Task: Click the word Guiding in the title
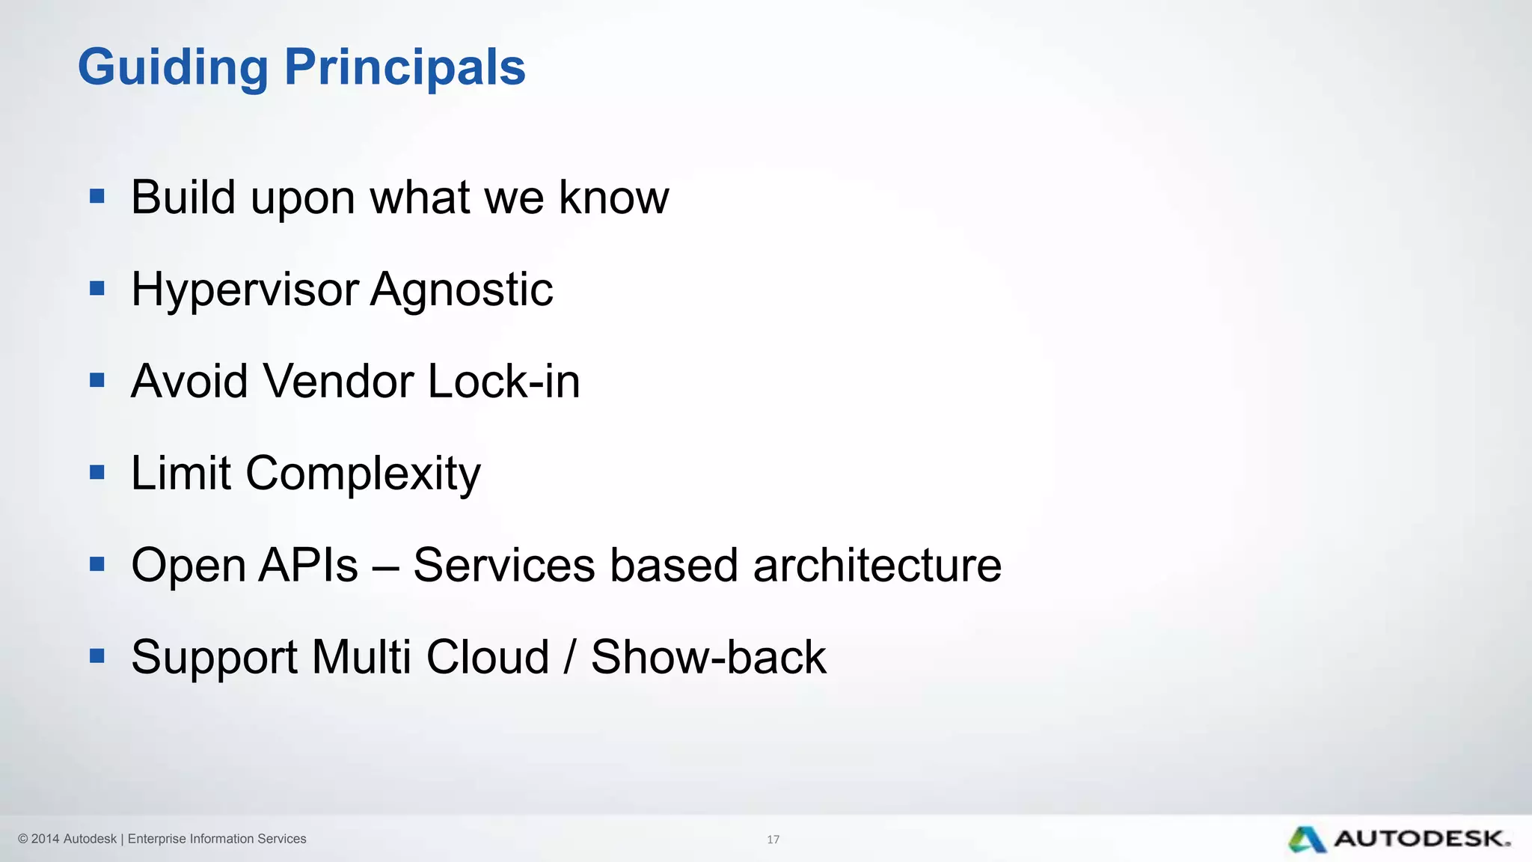click(173, 68)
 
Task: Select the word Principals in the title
click(405, 68)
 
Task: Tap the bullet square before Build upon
click(96, 196)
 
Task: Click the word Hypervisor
click(245, 290)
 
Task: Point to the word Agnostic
click(462, 290)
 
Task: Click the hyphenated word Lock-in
click(503, 382)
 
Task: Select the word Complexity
click(363, 474)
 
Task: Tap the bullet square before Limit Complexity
click(96, 472)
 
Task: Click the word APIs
click(307, 565)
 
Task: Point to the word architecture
click(877, 565)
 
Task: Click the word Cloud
click(487, 657)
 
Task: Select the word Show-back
click(708, 657)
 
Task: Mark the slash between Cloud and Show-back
click(570, 657)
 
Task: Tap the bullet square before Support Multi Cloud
click(96, 656)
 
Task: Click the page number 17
click(773, 840)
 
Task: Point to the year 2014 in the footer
click(45, 839)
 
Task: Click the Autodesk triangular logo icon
click(1307, 840)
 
